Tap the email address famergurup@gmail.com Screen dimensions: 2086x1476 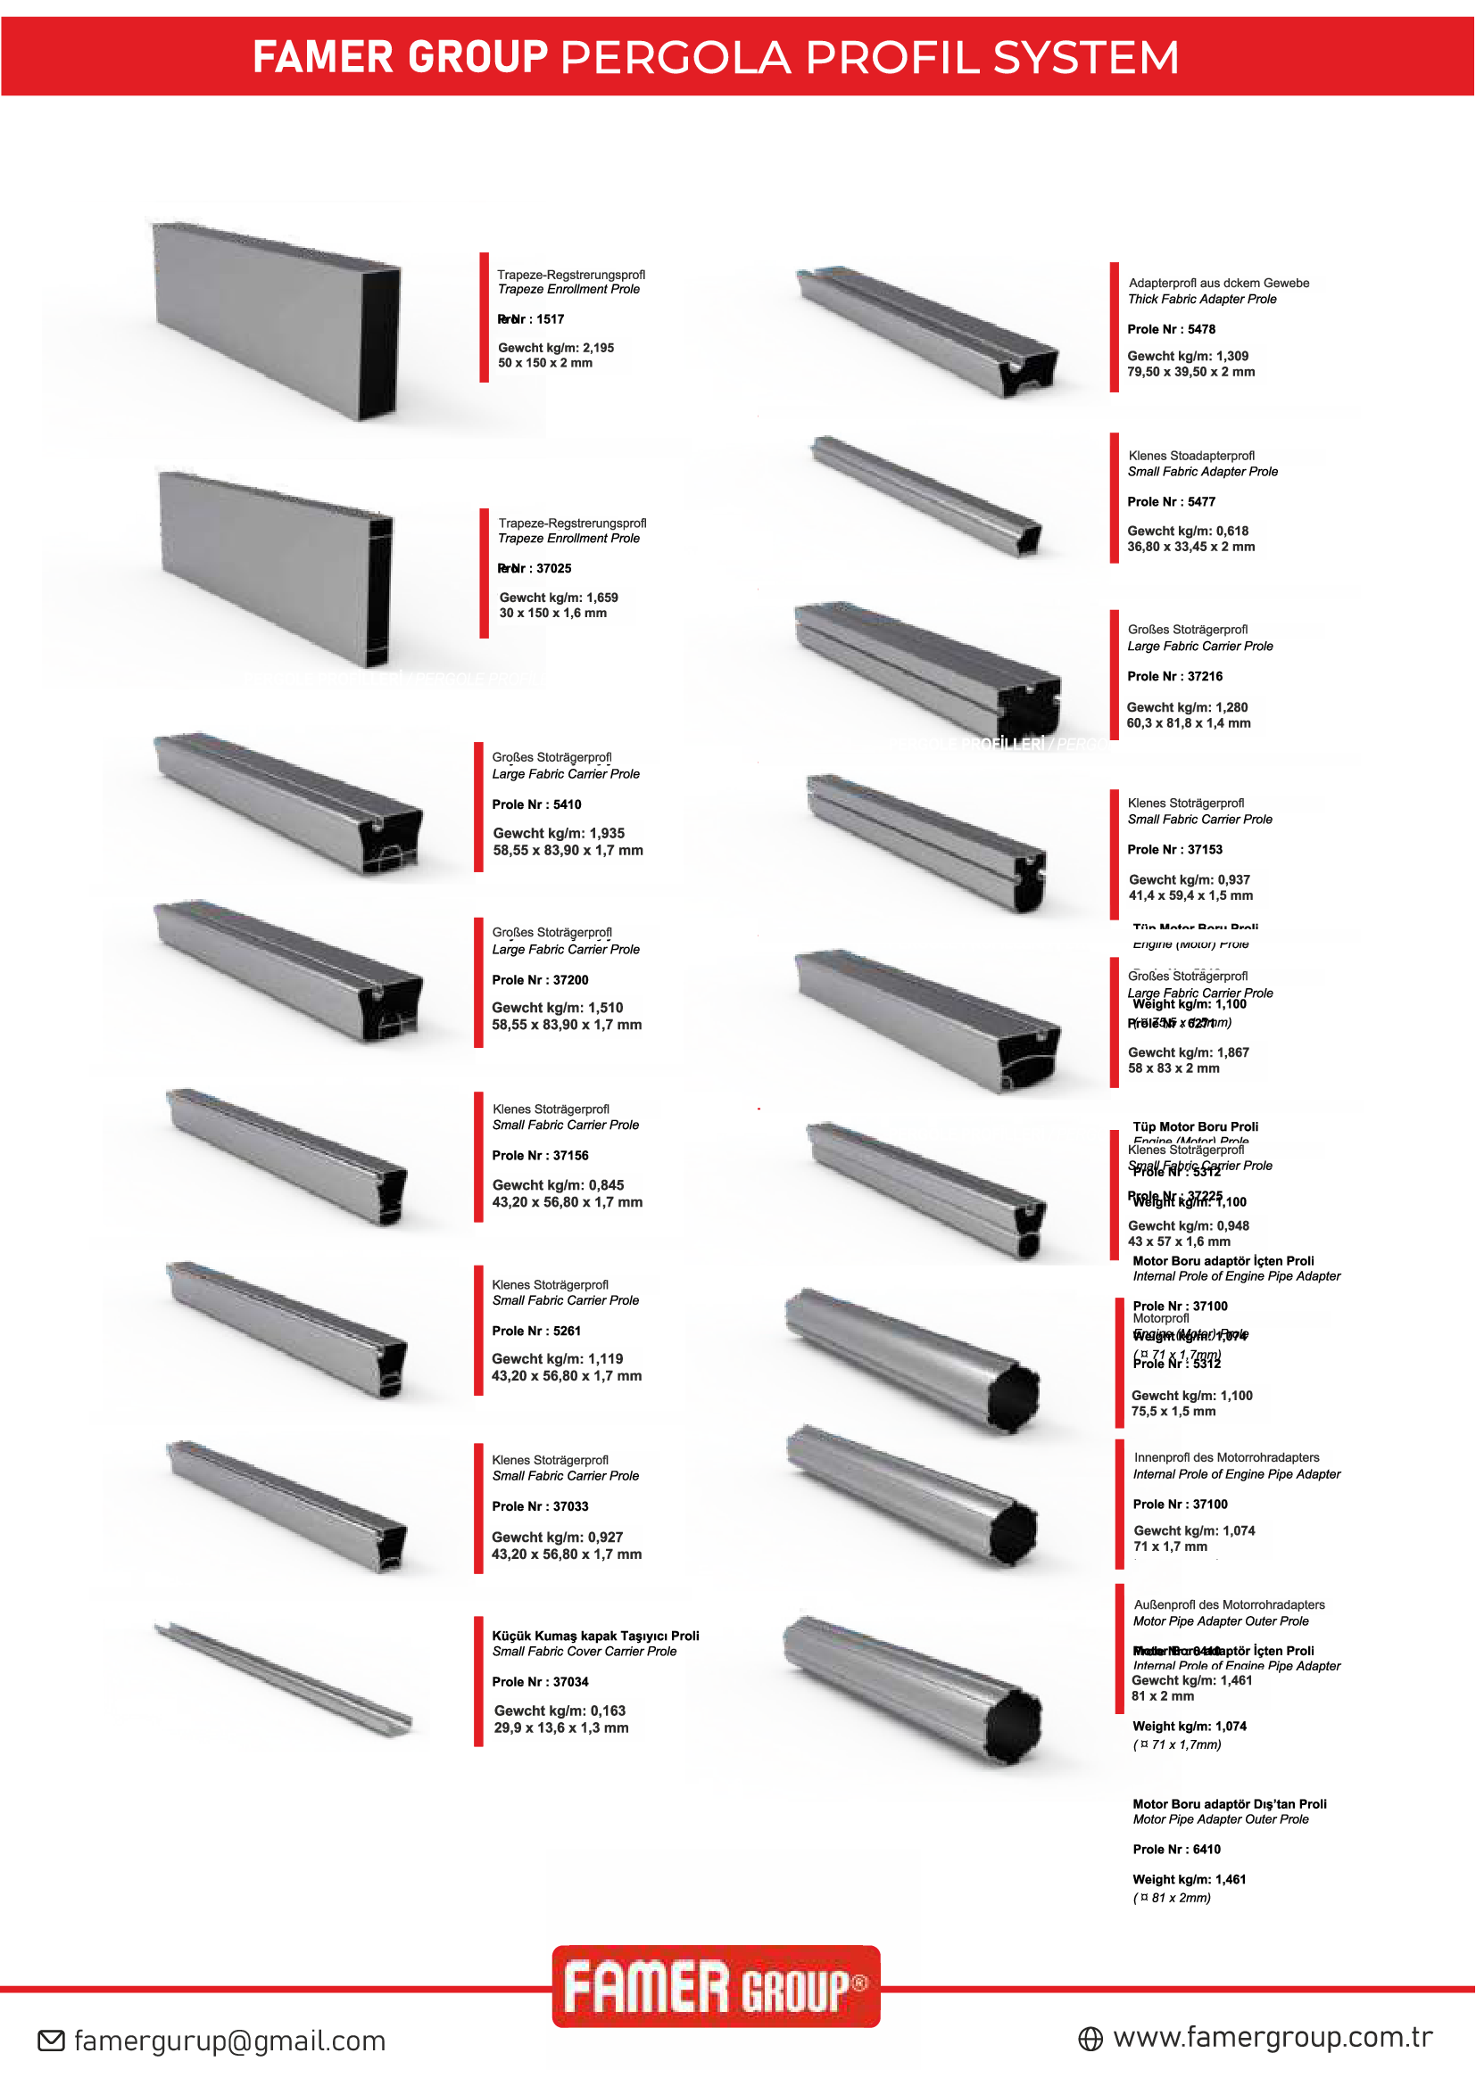[x=229, y=2041]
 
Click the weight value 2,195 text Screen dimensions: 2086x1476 [x=555, y=348]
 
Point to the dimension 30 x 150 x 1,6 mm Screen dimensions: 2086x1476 [x=552, y=614]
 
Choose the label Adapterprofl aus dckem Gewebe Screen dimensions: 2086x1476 [x=1218, y=284]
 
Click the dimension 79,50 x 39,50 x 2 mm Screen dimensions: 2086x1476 [x=1190, y=372]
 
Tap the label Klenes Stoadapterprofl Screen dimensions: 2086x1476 [x=1190, y=456]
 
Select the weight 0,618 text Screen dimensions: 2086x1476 [x=1188, y=531]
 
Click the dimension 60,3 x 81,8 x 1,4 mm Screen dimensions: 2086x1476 [x=1188, y=723]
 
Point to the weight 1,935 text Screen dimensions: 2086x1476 [x=558, y=833]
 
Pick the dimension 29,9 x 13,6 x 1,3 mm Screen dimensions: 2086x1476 [x=560, y=1728]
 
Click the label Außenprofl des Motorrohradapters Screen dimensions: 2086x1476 [x=1229, y=1605]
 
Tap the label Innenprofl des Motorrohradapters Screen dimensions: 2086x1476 [x=1226, y=1457]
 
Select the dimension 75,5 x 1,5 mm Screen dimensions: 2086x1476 [x=1173, y=1411]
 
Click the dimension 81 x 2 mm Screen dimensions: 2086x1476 [x=1163, y=1696]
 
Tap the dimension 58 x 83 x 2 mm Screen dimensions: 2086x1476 [x=1173, y=1068]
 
